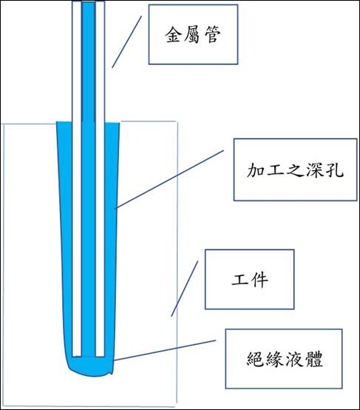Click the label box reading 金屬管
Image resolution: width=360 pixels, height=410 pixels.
click(x=194, y=34)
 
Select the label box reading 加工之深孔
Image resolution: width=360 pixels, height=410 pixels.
click(x=295, y=169)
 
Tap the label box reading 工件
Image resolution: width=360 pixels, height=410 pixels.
click(x=250, y=279)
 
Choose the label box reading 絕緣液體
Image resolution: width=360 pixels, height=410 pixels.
click(x=284, y=359)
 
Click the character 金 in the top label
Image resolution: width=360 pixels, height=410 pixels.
click(x=174, y=34)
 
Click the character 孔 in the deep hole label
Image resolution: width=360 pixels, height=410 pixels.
click(x=334, y=170)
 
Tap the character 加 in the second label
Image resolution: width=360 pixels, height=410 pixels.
click(x=256, y=170)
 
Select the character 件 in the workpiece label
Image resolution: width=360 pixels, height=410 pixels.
click(x=259, y=280)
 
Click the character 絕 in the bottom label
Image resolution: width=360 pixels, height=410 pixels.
click(x=256, y=359)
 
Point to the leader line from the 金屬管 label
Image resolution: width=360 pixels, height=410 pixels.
click(x=126, y=42)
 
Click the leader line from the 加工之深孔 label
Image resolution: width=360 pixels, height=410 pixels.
click(x=169, y=179)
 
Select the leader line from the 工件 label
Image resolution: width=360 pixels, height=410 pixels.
click(x=185, y=289)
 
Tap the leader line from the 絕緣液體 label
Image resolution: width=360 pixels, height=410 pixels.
click(x=164, y=350)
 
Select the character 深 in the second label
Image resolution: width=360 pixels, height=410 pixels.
click(x=315, y=170)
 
